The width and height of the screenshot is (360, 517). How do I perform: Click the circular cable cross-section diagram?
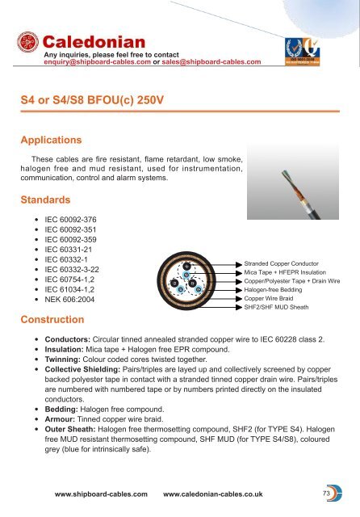coord(186,287)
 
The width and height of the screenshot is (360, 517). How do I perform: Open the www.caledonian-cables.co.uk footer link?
coord(222,492)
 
